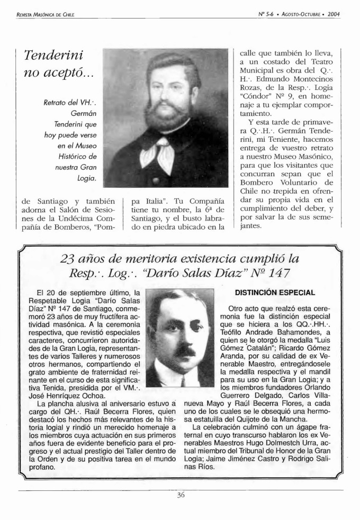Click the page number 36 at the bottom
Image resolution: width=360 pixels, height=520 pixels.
coord(181,496)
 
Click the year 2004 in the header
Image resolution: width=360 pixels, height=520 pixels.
coord(334,7)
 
